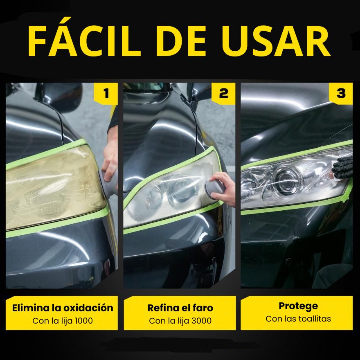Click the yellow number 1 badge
tap(106, 94)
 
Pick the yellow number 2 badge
tap(223, 94)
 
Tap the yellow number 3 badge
tap(341, 94)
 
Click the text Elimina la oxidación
tap(63, 308)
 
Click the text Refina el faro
tap(180, 308)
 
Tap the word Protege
tap(298, 306)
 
